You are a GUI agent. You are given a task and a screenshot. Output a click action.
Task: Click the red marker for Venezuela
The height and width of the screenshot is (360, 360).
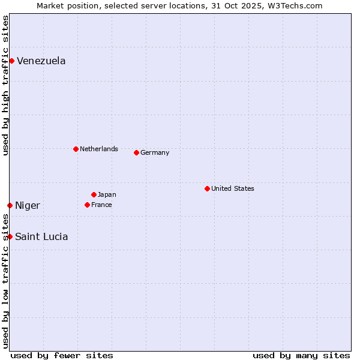[11, 61]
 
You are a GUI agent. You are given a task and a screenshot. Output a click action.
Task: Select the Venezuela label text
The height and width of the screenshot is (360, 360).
[41, 61]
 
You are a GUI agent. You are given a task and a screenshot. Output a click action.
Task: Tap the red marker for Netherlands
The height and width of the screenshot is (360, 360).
[76, 149]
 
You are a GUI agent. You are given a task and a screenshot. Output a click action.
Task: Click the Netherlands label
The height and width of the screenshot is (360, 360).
[98, 149]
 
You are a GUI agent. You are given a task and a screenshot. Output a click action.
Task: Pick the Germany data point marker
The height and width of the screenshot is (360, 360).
[136, 152]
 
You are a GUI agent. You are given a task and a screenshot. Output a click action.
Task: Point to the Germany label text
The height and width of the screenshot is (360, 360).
[155, 152]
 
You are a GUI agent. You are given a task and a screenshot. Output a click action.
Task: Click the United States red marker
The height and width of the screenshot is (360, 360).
[207, 188]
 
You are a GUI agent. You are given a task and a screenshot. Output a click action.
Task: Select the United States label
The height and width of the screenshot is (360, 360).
[232, 188]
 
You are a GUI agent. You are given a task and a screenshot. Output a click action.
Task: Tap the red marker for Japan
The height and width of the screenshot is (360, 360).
[94, 194]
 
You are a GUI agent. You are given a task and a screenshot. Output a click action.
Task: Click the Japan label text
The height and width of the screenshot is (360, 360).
[107, 194]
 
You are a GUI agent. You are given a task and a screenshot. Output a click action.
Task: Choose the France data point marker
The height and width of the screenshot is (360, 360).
[87, 205]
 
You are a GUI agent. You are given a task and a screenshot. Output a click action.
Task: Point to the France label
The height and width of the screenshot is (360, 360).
[101, 205]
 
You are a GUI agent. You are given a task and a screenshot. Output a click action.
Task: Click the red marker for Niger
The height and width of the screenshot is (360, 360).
[10, 205]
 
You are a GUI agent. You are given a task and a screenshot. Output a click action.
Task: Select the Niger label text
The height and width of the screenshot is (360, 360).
[27, 206]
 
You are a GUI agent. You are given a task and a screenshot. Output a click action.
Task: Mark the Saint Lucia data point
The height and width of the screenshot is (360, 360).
[10, 236]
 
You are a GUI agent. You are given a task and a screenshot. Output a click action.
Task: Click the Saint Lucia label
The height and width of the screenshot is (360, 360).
[41, 236]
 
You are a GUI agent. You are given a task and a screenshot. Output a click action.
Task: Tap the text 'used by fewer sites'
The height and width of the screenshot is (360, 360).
[62, 355]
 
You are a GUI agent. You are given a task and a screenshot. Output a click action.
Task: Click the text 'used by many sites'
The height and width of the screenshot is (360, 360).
[301, 355]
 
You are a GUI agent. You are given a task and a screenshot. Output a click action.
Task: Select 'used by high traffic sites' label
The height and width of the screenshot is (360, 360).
[5, 85]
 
